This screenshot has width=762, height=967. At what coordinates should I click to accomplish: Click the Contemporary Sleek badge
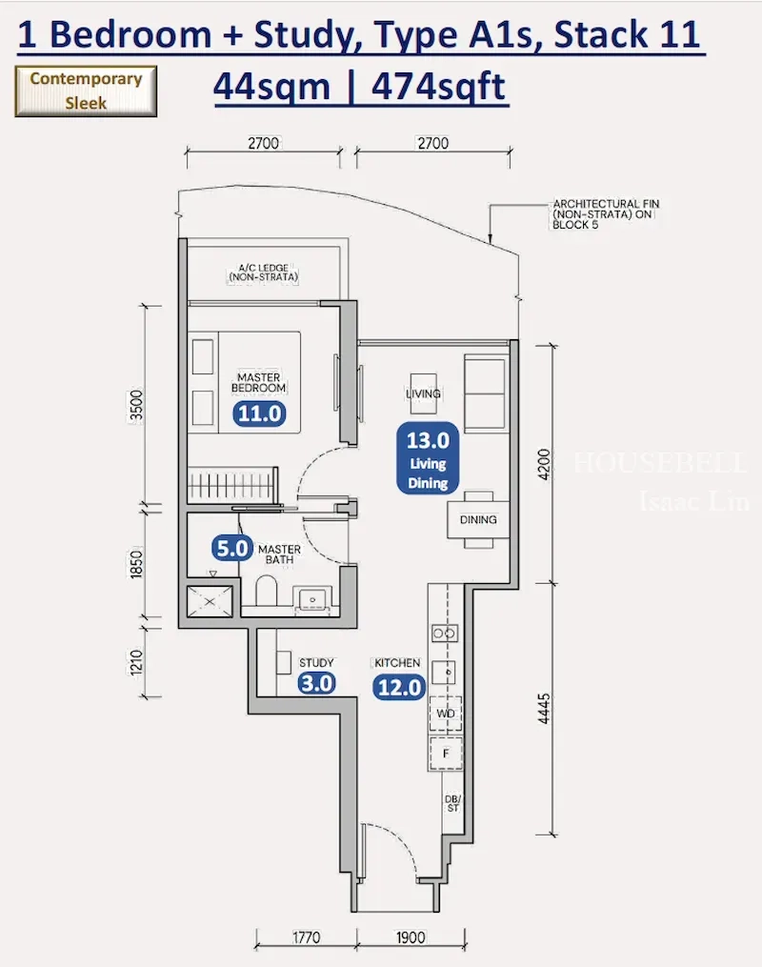click(x=86, y=91)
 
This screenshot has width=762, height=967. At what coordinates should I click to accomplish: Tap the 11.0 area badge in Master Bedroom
click(x=259, y=413)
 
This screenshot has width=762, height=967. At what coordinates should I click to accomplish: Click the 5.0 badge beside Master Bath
click(x=231, y=548)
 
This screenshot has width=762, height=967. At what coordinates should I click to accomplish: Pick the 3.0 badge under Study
click(x=317, y=683)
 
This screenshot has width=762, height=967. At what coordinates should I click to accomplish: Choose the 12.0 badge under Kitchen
click(x=399, y=687)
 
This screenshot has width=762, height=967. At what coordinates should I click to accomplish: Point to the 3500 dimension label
click(x=136, y=405)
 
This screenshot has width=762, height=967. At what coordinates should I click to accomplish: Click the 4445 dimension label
click(x=543, y=709)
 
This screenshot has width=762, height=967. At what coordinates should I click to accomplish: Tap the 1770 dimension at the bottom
click(x=306, y=938)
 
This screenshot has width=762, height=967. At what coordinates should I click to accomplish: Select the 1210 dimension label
click(x=136, y=662)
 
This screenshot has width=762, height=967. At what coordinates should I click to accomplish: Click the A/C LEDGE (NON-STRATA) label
click(x=263, y=272)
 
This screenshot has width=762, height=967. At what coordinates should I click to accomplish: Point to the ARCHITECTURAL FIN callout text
click(x=606, y=214)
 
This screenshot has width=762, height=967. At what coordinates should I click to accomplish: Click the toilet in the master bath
click(x=267, y=591)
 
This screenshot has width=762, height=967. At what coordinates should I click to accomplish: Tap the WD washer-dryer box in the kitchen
click(x=446, y=714)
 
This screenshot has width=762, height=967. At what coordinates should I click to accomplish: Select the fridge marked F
click(x=446, y=753)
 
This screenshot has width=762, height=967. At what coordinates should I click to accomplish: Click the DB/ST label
click(x=452, y=803)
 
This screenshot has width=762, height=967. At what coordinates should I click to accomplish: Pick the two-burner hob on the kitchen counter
click(x=445, y=634)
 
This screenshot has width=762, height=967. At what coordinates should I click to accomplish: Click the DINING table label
click(x=478, y=520)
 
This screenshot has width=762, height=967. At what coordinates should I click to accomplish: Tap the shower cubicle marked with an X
click(x=211, y=601)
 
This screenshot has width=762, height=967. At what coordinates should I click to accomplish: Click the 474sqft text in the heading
click(x=438, y=87)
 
